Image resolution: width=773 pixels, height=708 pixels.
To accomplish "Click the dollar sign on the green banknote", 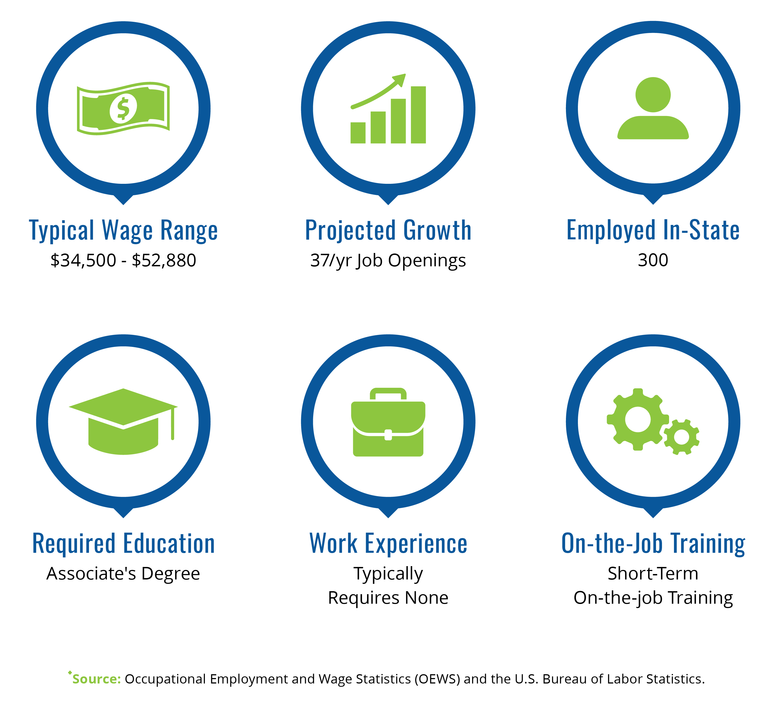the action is tap(123, 109).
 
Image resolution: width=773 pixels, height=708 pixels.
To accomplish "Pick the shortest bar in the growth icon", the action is tap(358, 133).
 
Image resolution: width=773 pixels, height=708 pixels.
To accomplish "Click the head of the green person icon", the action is tap(653, 95).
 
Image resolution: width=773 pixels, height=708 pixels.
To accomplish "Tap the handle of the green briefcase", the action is tap(388, 394).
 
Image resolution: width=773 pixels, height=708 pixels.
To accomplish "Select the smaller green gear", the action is tap(681, 437).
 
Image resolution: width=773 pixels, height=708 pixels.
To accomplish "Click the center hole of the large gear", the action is tap(638, 419).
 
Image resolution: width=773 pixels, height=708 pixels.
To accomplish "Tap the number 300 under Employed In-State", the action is tap(653, 260).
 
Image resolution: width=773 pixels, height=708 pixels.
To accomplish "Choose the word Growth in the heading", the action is tap(438, 230).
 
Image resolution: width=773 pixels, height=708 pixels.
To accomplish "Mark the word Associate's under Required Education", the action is tap(91, 574).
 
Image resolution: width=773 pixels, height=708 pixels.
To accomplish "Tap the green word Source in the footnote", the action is tap(97, 679).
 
